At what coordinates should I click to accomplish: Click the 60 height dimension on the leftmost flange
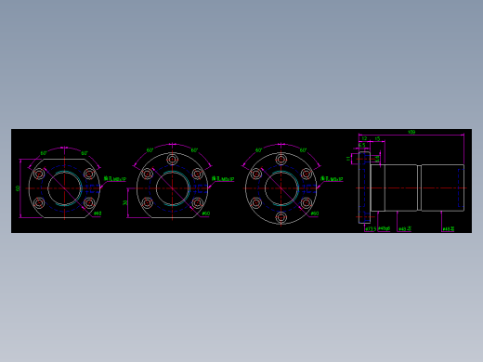click(x=18, y=187)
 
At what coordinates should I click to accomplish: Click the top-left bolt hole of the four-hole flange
click(x=39, y=174)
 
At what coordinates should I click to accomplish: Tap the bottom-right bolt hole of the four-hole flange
click(x=89, y=202)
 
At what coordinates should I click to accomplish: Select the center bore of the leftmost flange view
click(x=64, y=188)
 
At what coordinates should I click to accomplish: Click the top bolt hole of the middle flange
click(x=173, y=160)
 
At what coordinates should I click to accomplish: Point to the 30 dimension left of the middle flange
click(x=125, y=201)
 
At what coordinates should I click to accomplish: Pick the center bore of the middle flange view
click(x=173, y=188)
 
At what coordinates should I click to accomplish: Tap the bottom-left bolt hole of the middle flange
click(x=148, y=202)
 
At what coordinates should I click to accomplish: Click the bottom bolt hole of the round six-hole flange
click(x=281, y=217)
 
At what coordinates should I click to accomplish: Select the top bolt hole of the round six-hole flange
click(x=281, y=160)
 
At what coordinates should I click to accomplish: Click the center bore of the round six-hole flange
click(x=281, y=188)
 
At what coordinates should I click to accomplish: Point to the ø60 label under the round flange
click(x=314, y=213)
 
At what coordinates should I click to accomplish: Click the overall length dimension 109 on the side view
click(x=411, y=133)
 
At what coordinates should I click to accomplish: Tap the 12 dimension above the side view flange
click(x=364, y=139)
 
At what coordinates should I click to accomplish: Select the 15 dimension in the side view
click(x=377, y=139)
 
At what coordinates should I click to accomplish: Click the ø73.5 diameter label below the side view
click(x=370, y=228)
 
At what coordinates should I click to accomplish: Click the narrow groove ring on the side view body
click(x=419, y=187)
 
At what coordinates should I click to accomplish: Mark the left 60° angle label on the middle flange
click(x=150, y=150)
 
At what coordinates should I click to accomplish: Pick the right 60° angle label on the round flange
click(x=303, y=150)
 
